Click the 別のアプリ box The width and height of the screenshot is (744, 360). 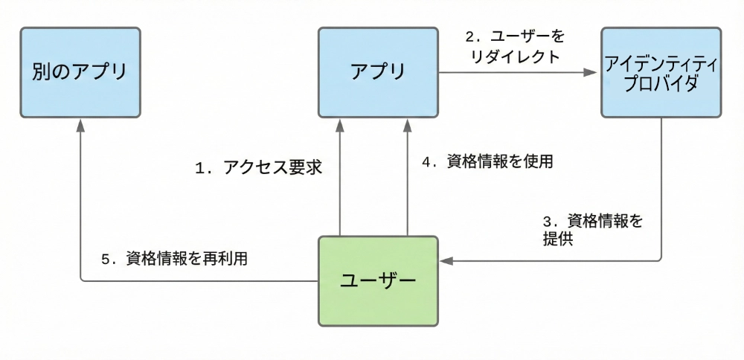click(80, 72)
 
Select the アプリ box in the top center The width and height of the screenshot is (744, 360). click(378, 72)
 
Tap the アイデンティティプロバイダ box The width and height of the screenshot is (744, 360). click(661, 72)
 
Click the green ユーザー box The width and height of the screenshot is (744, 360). click(378, 281)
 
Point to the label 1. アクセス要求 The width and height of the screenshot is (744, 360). click(257, 168)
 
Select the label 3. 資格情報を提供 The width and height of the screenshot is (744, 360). click(591, 231)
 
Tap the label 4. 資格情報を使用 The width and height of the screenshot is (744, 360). click(487, 161)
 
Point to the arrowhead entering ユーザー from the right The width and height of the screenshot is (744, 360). click(446, 261)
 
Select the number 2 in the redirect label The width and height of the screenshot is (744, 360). click(469, 36)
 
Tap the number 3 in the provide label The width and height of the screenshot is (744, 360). click(548, 221)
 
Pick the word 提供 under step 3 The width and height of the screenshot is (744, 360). click(558, 240)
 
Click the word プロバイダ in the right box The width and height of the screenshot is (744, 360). click(661, 83)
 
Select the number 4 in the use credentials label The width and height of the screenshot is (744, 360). click(427, 161)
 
